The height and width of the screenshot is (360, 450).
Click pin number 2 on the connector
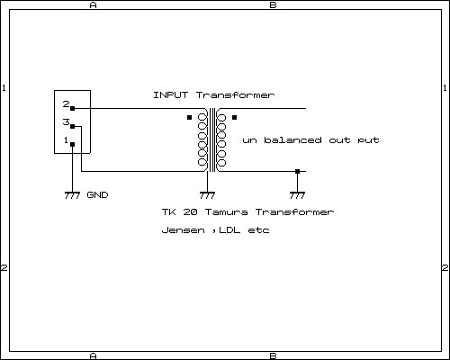tap(66, 103)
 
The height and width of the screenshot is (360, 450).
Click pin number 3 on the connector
tap(66, 121)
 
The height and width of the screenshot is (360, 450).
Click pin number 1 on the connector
tap(66, 139)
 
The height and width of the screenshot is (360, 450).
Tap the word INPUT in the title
tap(171, 95)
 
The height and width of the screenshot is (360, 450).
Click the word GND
tap(97, 195)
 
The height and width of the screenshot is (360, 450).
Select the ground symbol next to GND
tap(72, 195)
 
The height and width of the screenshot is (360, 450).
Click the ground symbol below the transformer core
tap(207, 195)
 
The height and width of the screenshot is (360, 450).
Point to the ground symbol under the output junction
tap(297, 195)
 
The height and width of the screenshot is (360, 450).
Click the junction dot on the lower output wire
tap(297, 172)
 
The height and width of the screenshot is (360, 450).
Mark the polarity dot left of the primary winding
tap(189, 117)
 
